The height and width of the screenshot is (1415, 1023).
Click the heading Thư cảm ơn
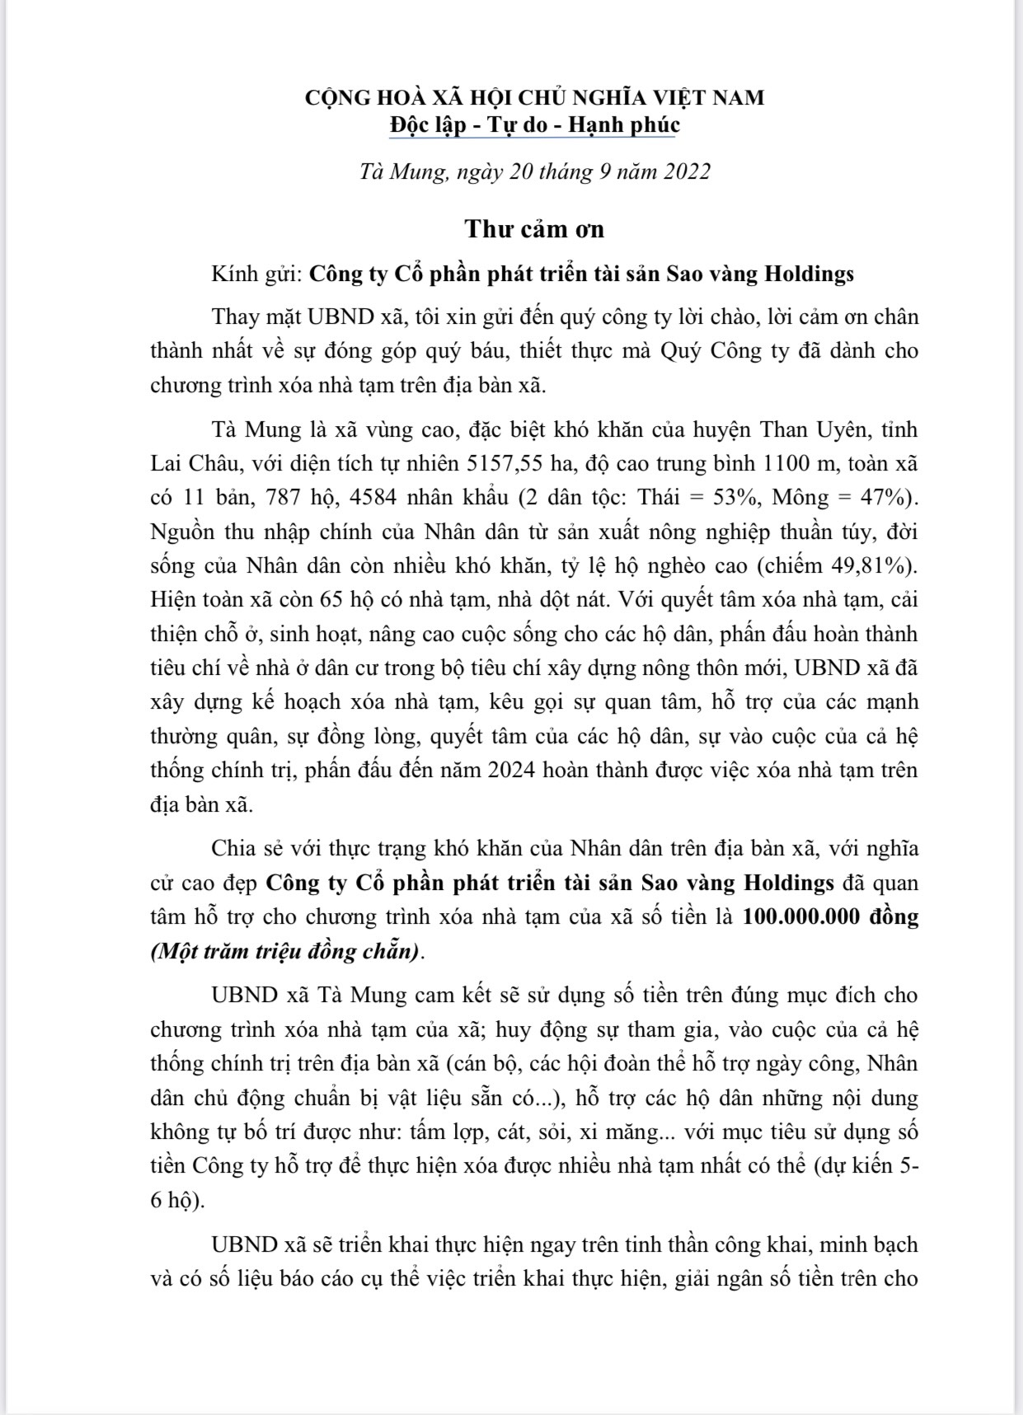[534, 228]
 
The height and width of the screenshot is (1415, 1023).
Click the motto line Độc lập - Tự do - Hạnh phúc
[535, 124]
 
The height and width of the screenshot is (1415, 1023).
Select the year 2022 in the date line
[681, 171]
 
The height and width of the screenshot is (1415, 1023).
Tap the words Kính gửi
[256, 274]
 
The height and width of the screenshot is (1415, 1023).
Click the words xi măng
[615, 1131]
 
